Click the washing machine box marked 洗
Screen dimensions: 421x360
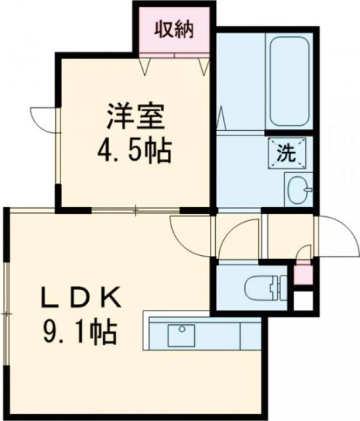pyautogui.click(x=286, y=154)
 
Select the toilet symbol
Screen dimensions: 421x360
pyautogui.click(x=263, y=287)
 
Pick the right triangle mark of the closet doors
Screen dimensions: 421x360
pyautogui.click(x=202, y=64)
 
